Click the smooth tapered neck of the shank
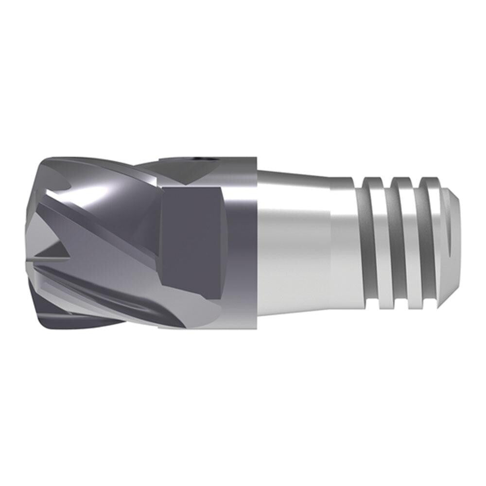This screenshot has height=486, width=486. point(292,243)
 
